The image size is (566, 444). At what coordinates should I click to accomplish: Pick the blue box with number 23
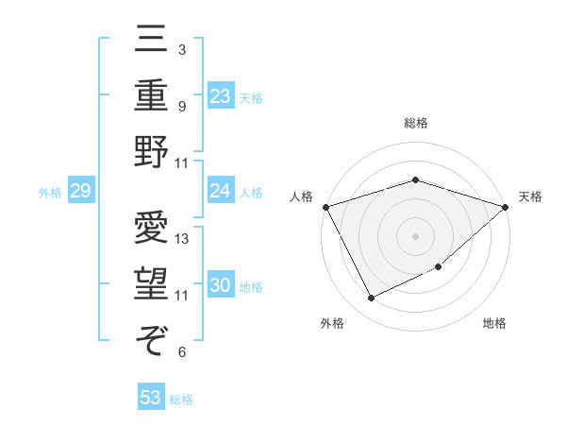point(221,95)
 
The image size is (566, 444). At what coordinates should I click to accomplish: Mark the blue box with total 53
point(151,398)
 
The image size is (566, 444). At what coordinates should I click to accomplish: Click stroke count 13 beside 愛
point(183,239)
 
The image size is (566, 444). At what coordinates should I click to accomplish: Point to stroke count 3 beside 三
point(181,49)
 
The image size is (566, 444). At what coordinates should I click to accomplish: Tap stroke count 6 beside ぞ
point(181,352)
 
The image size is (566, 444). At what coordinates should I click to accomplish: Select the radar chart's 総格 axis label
point(416,123)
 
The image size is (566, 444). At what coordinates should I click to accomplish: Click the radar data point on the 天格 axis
point(506,206)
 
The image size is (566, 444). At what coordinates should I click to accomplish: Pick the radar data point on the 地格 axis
point(440,267)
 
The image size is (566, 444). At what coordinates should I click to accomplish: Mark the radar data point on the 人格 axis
point(325,206)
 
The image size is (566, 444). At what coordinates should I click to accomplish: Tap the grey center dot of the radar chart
point(416,235)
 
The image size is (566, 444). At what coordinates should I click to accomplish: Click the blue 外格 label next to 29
point(50,193)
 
